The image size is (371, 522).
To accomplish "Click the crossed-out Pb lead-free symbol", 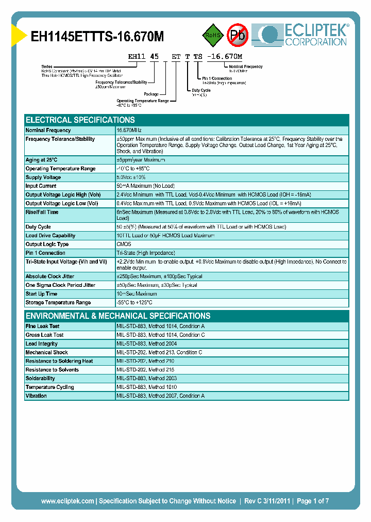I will point(238,35).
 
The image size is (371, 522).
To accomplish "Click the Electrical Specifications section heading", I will point(80,120).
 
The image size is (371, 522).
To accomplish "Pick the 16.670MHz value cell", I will point(129,130).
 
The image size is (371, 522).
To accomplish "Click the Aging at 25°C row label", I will point(41,160).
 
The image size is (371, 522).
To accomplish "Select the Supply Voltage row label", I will point(43,177).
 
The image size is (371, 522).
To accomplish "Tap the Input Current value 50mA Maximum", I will point(145,186).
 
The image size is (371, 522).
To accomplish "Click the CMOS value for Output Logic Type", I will point(124,244).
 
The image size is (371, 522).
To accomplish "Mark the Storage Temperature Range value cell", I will point(134,302).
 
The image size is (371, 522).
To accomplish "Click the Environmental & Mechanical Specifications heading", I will point(118,316).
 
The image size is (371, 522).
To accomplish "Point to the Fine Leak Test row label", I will point(42,327).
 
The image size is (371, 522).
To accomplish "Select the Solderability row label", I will point(40,379).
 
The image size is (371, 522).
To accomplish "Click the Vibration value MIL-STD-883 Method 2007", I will point(160,396).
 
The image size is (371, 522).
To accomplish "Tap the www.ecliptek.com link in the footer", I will point(68,501).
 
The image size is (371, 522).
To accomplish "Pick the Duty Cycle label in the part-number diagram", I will point(201,90).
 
